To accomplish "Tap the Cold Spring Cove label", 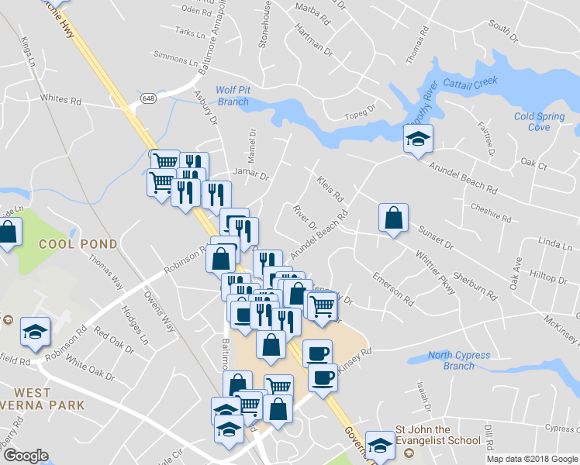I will click(x=539, y=122).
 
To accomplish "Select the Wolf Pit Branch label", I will click(x=233, y=96).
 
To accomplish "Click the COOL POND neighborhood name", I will click(x=78, y=244).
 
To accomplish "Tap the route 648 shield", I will click(x=149, y=98).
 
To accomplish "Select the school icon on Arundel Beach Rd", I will click(x=418, y=139).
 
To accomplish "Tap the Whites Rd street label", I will click(x=61, y=99).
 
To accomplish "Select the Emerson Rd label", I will click(x=393, y=287).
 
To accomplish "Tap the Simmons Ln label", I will click(x=171, y=57).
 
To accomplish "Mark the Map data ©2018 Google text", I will click(x=531, y=459).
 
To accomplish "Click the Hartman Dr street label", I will click(x=313, y=36).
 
